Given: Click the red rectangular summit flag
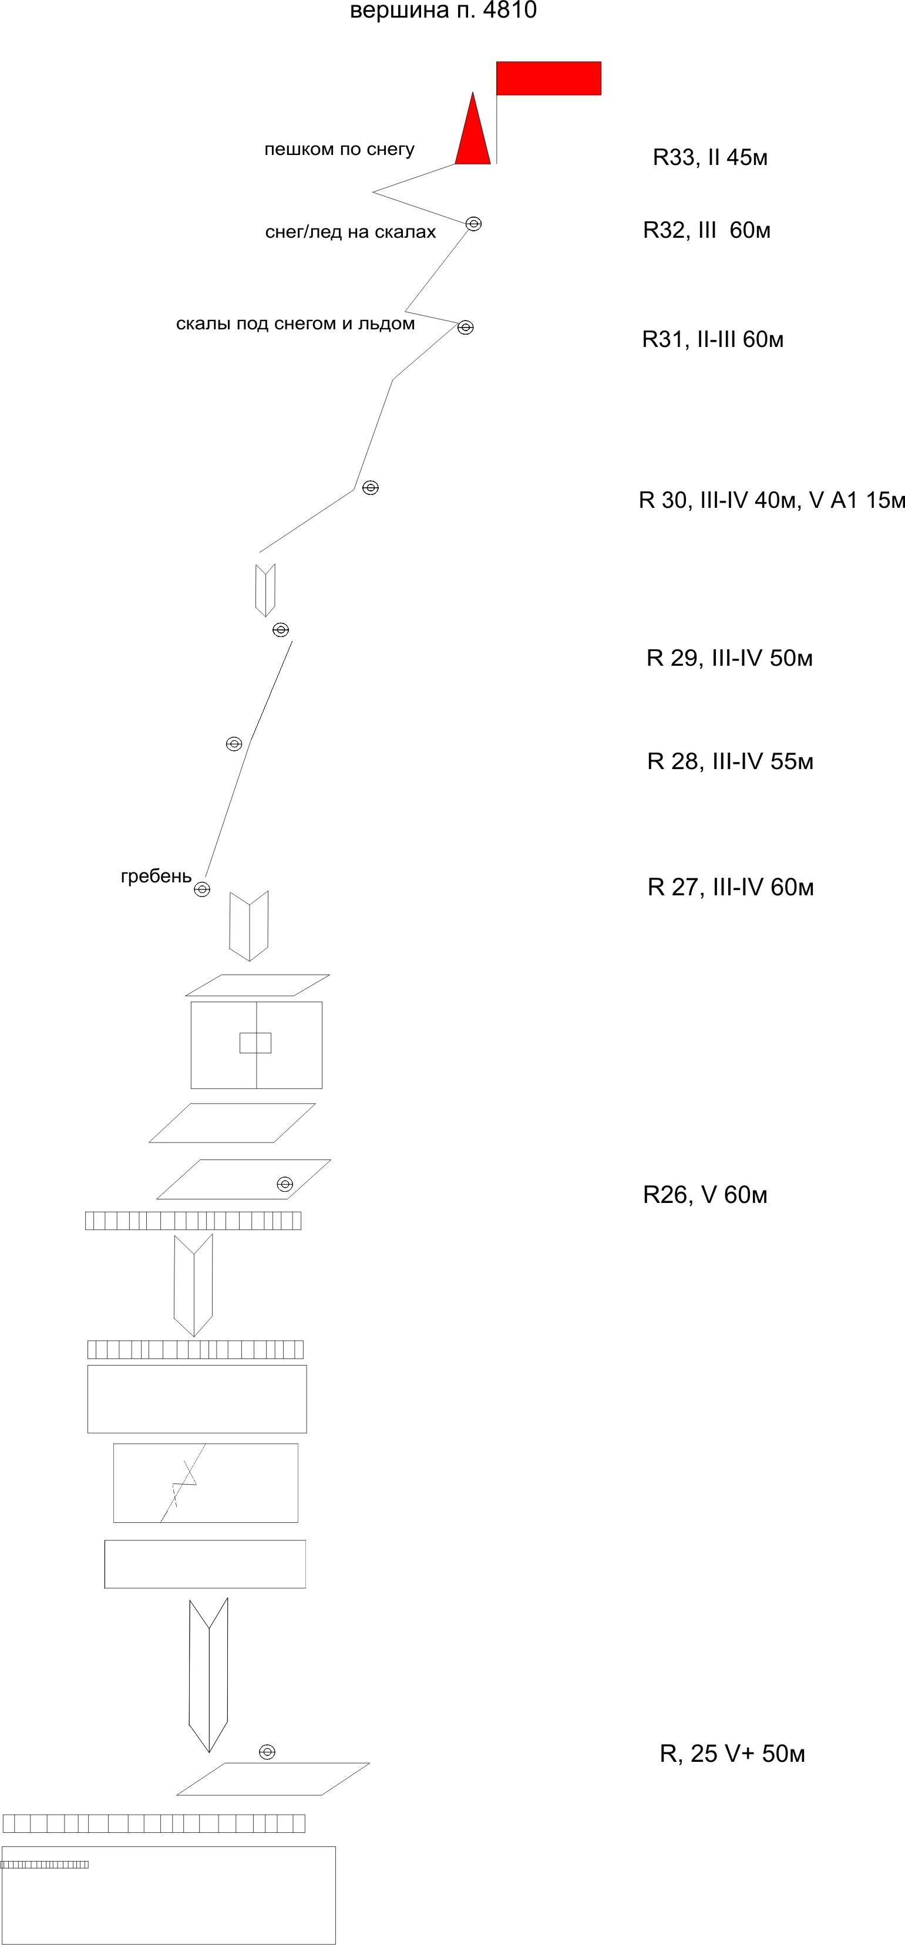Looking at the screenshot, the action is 549,79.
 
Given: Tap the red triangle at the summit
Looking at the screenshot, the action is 473,136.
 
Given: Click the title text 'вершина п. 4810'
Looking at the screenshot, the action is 443,11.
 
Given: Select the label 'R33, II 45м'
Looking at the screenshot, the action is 710,158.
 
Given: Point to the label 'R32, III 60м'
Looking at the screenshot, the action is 706,230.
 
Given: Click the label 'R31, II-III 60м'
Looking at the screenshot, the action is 712,340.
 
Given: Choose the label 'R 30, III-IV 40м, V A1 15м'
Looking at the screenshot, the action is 771,500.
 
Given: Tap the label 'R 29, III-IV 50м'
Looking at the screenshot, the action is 729,658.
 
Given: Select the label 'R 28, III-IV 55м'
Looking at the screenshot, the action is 730,761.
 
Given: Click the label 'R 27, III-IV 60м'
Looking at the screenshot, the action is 731,887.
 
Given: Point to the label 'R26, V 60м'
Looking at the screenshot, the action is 705,1195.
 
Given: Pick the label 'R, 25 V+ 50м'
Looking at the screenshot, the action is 732,1754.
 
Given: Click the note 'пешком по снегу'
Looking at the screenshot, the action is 339,150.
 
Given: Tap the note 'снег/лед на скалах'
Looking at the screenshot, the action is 351,232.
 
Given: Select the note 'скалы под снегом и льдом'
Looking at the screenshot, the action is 295,324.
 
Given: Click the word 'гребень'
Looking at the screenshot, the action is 156,877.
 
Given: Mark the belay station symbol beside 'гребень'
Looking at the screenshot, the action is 201,889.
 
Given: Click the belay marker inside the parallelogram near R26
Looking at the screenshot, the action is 285,1184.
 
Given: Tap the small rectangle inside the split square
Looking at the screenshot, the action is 255,1043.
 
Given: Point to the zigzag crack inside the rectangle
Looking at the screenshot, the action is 184,1483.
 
